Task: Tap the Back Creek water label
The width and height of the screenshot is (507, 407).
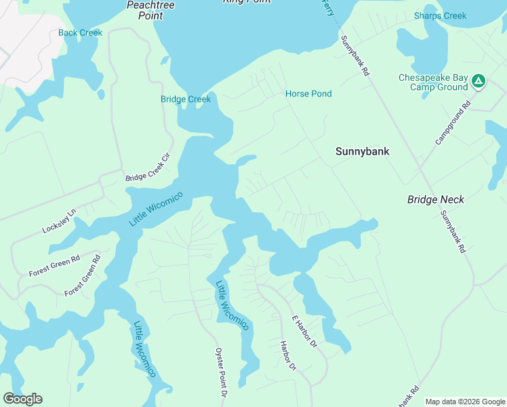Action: [80, 33]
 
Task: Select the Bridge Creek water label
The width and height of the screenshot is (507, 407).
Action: [186, 99]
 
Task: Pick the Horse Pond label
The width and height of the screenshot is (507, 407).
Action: [308, 94]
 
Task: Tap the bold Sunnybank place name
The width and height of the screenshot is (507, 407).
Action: [363, 151]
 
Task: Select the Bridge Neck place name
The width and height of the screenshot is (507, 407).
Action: [436, 199]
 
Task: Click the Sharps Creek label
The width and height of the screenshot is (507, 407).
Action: [441, 16]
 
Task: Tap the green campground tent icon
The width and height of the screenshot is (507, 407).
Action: [479, 81]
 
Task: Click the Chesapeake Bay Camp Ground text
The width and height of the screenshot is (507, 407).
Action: [433, 82]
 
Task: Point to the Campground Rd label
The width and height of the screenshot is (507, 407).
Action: [453, 123]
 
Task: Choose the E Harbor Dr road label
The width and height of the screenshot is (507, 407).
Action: [304, 332]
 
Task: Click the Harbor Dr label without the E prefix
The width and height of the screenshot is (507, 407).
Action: [288, 355]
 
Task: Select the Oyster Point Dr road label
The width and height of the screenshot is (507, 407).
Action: [220, 372]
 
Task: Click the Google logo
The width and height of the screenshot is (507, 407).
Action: [22, 399]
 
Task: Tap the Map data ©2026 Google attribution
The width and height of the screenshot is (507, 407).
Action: [464, 402]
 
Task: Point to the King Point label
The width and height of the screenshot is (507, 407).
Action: [247, 2]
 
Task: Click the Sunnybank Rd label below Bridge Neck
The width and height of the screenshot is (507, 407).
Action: [453, 232]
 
